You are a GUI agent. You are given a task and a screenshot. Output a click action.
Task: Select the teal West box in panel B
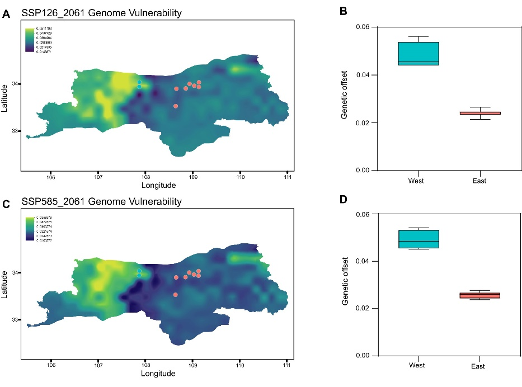418,53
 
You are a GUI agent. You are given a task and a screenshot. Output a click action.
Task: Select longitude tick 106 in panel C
51,367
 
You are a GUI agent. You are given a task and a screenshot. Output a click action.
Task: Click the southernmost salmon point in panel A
176,106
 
